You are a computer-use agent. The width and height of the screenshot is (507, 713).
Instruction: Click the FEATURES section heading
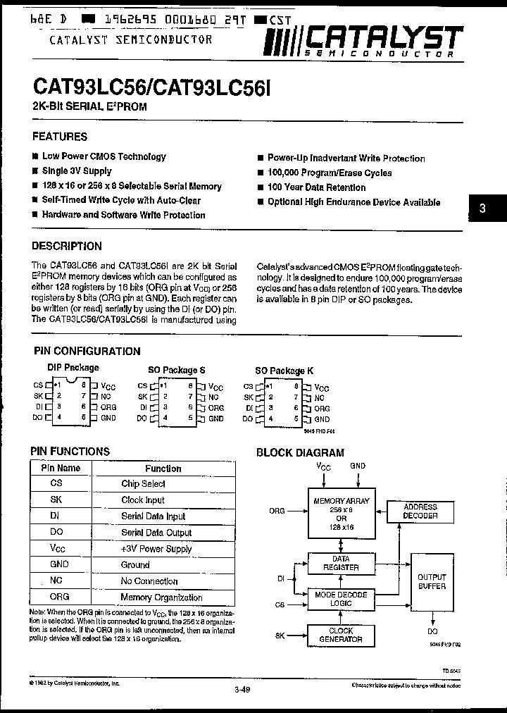[60, 137]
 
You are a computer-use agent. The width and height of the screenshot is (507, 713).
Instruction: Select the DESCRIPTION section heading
[67, 247]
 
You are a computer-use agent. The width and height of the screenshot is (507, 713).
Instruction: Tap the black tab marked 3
[482, 209]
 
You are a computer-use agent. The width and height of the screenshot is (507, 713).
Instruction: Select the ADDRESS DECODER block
[420, 512]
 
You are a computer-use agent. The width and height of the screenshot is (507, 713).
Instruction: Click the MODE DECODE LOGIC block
[341, 599]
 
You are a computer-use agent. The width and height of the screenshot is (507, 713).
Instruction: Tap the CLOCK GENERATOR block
[341, 635]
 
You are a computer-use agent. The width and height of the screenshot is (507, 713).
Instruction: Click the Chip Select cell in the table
[143, 484]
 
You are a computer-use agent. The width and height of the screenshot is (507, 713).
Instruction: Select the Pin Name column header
[61, 468]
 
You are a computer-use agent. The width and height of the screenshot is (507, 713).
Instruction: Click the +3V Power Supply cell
[156, 549]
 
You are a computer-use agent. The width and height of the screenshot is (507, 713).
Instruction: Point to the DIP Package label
[73, 368]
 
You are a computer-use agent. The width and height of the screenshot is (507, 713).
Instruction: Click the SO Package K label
[284, 371]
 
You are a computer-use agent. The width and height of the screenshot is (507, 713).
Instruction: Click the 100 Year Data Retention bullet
[316, 187]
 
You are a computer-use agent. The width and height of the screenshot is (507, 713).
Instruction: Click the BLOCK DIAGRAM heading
[300, 453]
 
